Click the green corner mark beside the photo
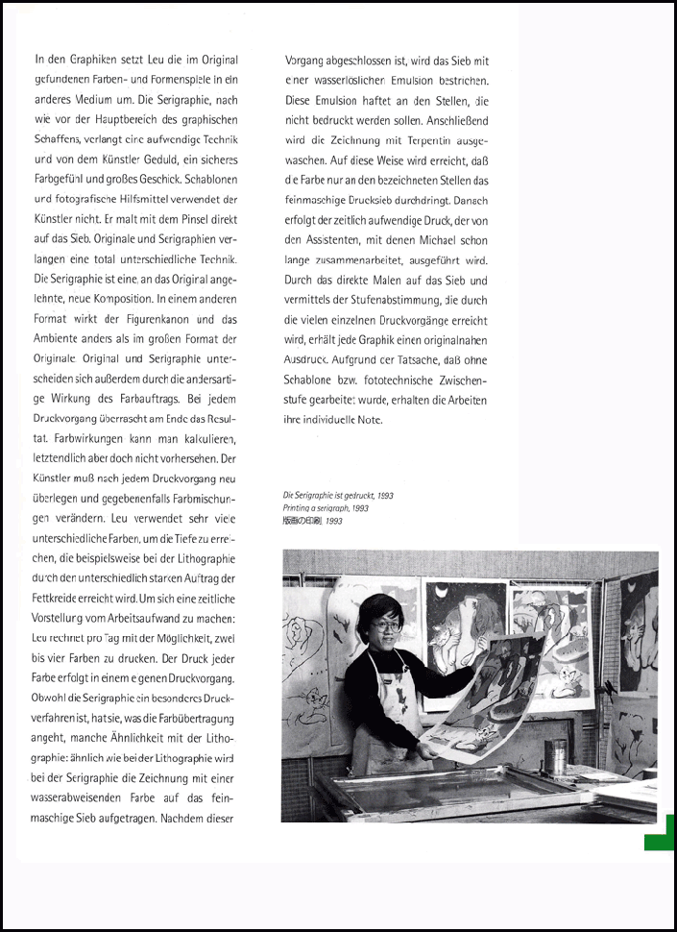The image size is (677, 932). coord(660,833)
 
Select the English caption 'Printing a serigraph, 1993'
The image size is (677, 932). coord(326,507)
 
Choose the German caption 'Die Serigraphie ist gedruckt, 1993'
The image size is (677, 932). coord(337,496)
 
